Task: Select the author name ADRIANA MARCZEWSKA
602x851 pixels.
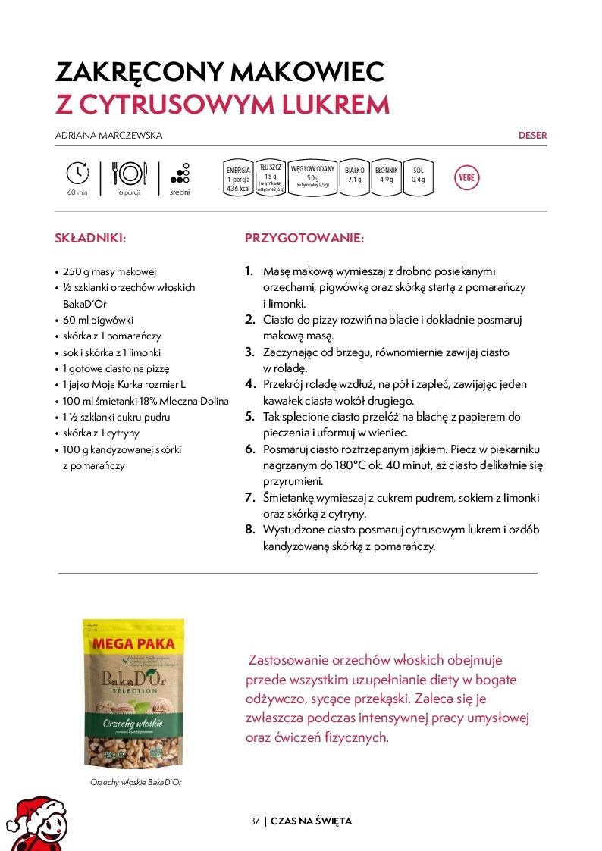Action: (x=109, y=136)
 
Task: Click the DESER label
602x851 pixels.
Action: (x=532, y=136)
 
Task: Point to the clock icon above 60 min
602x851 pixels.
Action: (x=77, y=174)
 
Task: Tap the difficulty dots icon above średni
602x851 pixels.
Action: (x=180, y=174)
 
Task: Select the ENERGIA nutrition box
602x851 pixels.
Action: (x=238, y=180)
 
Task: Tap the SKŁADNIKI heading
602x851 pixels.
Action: (x=90, y=238)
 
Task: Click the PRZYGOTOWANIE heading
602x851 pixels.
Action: (x=304, y=238)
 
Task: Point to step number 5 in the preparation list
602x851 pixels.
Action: (x=249, y=417)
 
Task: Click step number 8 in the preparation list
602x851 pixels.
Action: (x=249, y=530)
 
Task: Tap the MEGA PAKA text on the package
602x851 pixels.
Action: (x=133, y=644)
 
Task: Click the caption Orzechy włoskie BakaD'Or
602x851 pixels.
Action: (x=136, y=782)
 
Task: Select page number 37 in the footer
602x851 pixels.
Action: (x=255, y=821)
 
